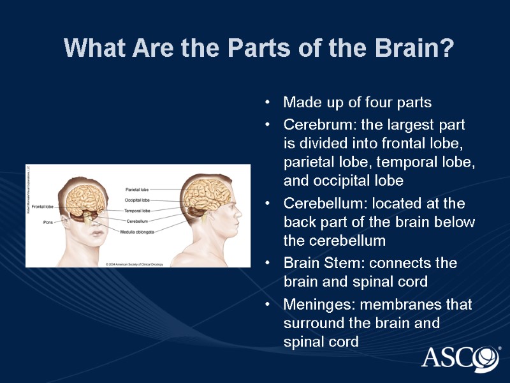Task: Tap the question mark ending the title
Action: [x=446, y=49]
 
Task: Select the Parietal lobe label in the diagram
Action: [x=137, y=189]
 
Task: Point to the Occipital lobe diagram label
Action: [x=137, y=200]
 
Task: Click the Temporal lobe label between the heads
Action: [x=137, y=210]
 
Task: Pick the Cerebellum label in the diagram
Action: [x=138, y=221]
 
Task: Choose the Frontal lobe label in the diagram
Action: [x=42, y=207]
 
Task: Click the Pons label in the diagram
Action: [x=48, y=222]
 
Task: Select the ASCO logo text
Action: [x=453, y=357]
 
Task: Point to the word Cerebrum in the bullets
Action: [x=311, y=124]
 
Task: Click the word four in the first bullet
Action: [x=379, y=102]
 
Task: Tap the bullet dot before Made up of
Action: [x=269, y=103]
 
